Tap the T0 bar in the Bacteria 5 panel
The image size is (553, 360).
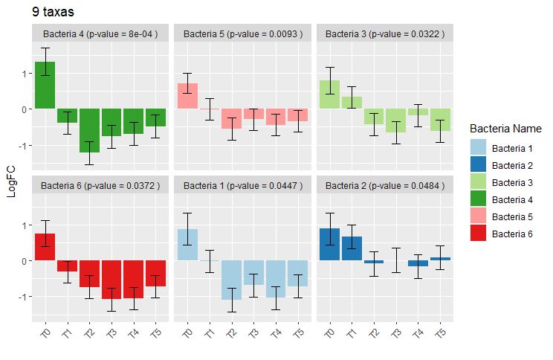click(187, 96)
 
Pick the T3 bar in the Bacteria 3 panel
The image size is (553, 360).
click(396, 120)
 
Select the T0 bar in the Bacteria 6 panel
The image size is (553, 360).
click(45, 247)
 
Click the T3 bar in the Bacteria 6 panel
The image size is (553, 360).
click(111, 280)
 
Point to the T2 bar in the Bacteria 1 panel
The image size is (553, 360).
click(232, 280)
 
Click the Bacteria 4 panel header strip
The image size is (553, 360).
click(100, 33)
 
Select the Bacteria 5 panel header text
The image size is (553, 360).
click(243, 33)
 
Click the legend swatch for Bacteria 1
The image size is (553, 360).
click(479, 147)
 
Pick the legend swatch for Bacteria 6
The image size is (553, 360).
click(479, 233)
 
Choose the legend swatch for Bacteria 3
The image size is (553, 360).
click(479, 181)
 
